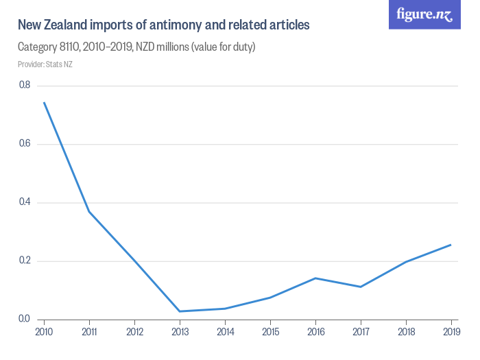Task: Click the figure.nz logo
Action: click(x=424, y=14)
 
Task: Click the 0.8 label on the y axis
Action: click(x=25, y=85)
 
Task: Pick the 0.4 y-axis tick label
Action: click(x=25, y=202)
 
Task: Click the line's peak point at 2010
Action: click(x=44, y=103)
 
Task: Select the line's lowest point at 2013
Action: click(x=180, y=311)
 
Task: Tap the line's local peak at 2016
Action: click(x=315, y=278)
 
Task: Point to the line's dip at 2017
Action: click(x=360, y=287)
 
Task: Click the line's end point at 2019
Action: click(x=451, y=245)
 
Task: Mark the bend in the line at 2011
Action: click(x=89, y=211)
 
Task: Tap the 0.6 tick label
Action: click(x=25, y=144)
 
